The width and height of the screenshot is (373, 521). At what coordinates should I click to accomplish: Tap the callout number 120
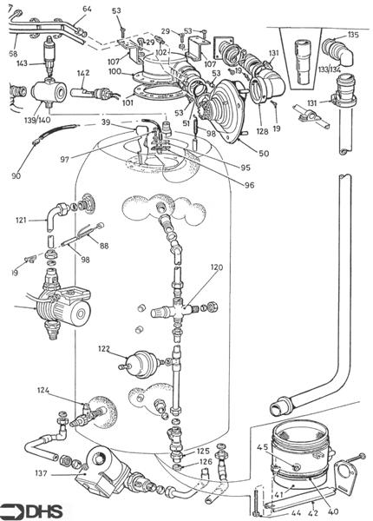[192, 268]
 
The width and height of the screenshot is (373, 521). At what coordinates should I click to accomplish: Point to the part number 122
[104, 348]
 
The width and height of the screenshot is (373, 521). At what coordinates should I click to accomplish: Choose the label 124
[43, 392]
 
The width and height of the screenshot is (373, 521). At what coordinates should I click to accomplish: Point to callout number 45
[262, 447]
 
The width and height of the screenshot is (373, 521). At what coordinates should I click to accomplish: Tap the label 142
[83, 73]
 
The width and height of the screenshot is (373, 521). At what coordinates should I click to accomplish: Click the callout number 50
[263, 154]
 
